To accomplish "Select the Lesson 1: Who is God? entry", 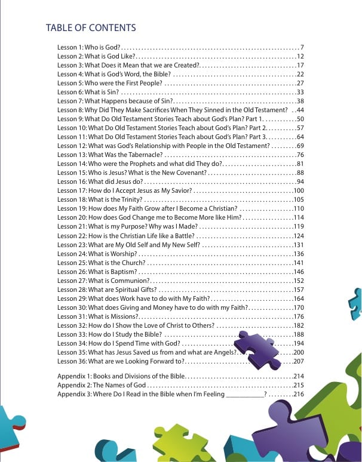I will pos(90,47).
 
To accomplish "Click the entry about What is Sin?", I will pos(89,92).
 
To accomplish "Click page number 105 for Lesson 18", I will pos(299,199).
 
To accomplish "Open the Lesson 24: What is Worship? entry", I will pos(102,254).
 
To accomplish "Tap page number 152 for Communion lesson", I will pos(299,281).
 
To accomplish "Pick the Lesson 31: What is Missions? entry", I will pos(98,316).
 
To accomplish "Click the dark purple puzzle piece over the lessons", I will pos(257,349).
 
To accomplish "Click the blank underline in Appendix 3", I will pos(245,395).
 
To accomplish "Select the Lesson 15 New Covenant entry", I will pos(131,173).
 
